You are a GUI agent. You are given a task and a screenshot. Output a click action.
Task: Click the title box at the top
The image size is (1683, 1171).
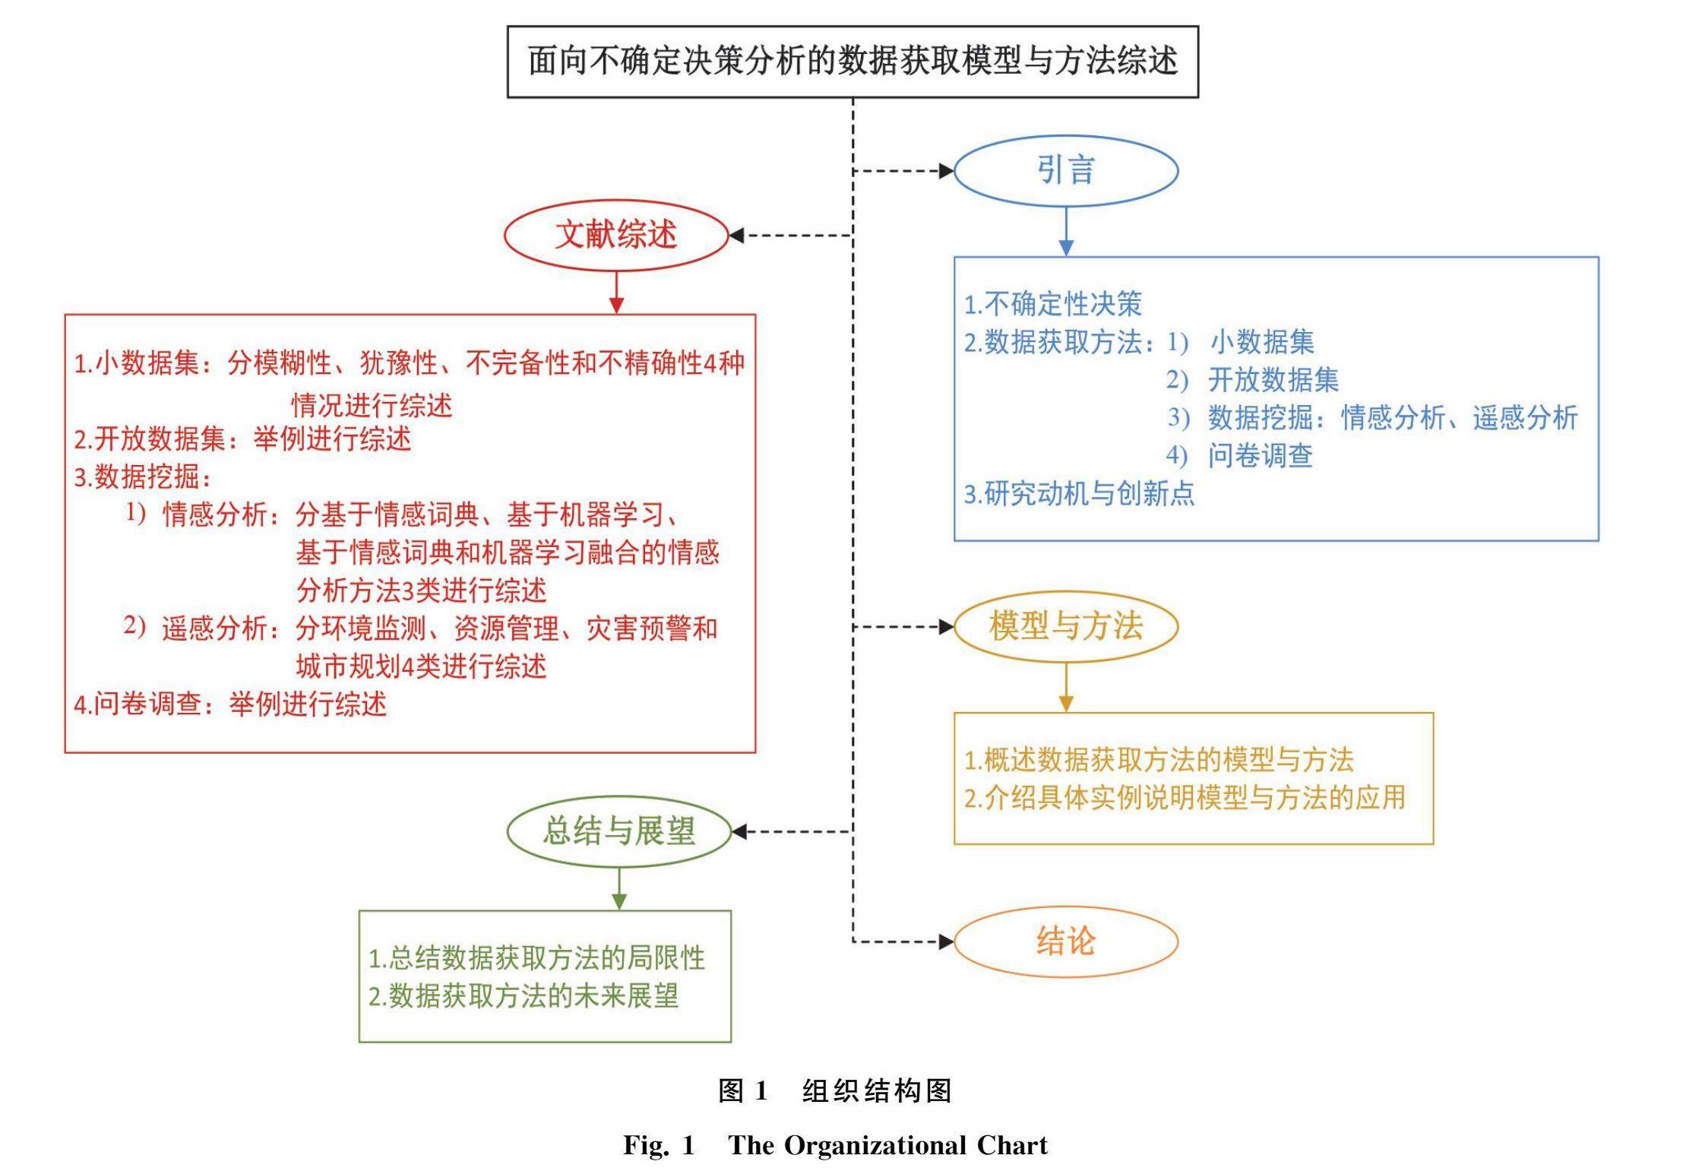coord(852,62)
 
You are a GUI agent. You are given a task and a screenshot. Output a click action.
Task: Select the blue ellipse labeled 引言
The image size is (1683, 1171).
coord(1065,170)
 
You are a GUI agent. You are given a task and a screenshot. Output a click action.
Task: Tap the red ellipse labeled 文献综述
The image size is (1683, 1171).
coord(615,235)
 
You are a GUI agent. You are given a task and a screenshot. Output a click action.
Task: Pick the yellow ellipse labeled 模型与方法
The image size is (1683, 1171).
coord(1065,626)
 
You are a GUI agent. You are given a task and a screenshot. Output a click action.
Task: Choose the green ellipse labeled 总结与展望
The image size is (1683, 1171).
coord(618,831)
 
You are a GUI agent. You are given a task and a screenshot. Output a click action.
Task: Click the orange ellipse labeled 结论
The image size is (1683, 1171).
coord(1065,942)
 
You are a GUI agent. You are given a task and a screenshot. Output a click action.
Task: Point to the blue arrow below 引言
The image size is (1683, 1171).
coord(1066,232)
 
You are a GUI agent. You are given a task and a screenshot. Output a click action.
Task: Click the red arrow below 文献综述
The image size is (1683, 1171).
coord(616,293)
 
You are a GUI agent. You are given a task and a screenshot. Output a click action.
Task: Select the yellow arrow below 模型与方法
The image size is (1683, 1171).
coord(1066,688)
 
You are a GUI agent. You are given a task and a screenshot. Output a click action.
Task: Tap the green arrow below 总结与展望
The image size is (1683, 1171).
coord(619,889)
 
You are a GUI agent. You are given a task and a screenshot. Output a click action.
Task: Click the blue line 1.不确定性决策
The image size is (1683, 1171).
coord(1052,304)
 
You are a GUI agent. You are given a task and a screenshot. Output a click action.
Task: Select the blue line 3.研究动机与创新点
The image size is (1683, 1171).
coord(1079,494)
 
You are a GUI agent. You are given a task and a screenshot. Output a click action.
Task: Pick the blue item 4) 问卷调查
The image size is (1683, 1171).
coord(1239,456)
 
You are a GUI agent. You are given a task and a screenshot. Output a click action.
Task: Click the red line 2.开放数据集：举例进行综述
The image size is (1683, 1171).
coord(242,439)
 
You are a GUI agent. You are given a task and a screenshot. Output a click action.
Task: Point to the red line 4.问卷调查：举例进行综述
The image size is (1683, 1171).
coord(230,704)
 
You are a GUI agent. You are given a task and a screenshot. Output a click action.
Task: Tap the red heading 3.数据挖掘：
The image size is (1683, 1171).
coord(142,477)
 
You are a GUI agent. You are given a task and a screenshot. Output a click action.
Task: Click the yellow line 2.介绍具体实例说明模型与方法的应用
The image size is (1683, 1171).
coord(1185,798)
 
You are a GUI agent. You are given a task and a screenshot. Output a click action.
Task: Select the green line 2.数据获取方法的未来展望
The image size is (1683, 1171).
coord(524,995)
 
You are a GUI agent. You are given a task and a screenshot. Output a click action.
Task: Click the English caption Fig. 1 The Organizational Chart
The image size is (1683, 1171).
coord(835,1145)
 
